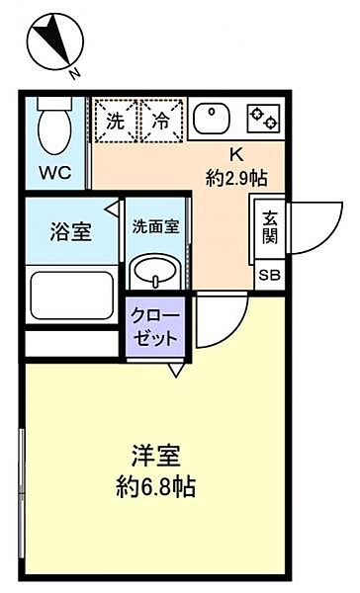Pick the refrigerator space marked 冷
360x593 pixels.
pos(161,123)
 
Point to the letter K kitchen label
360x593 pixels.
pos(236,154)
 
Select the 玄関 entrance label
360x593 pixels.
pos(269,226)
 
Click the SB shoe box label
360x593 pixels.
pos(269,276)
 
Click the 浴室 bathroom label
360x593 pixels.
pos(70,233)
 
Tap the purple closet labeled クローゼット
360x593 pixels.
pos(155,325)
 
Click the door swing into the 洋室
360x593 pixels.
pos(220,321)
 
